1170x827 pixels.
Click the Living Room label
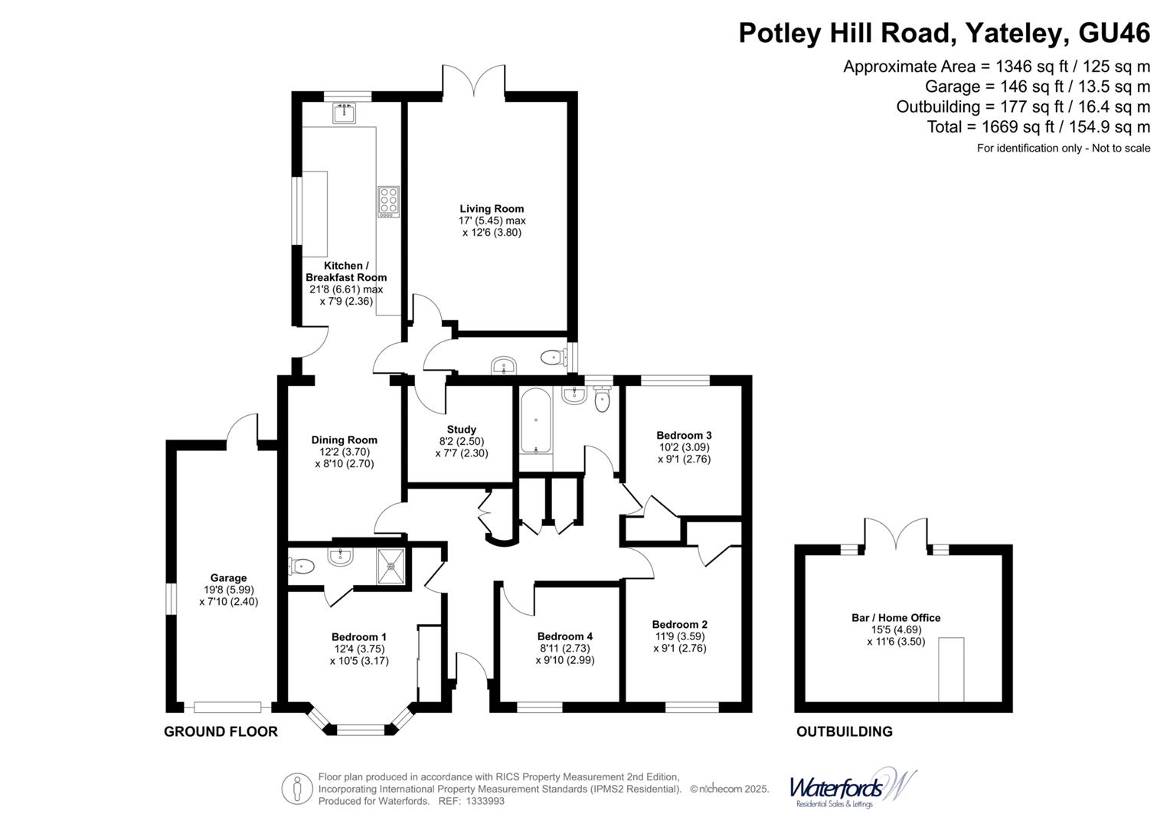click(x=492, y=208)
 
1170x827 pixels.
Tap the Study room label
click(x=461, y=430)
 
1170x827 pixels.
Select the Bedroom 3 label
click(x=684, y=436)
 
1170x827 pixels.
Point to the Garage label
click(x=228, y=578)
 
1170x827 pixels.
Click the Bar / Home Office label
click(x=895, y=618)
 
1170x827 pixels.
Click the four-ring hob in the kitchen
click(x=388, y=200)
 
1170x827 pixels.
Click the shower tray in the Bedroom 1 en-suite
click(x=393, y=566)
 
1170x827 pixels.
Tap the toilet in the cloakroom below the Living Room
click(x=552, y=357)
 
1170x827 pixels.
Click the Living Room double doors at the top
click(x=473, y=81)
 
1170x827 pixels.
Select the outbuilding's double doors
click(x=895, y=532)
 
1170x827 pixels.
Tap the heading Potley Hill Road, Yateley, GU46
click(x=943, y=33)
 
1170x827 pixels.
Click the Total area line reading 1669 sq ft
click(x=1038, y=127)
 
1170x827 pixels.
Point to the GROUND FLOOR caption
click(x=221, y=731)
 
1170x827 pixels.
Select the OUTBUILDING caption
click(x=844, y=731)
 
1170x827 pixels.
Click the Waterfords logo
click(x=852, y=788)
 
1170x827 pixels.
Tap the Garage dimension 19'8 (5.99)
click(x=228, y=590)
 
